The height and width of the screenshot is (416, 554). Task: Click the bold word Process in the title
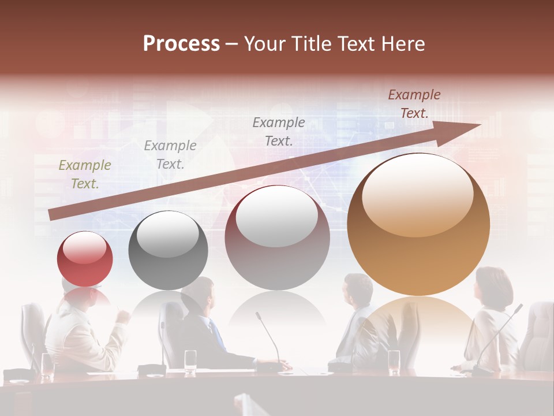[x=181, y=44]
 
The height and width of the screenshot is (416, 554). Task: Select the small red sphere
[x=85, y=259]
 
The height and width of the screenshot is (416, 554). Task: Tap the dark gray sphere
[x=168, y=251]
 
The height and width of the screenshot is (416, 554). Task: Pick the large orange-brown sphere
[x=418, y=225]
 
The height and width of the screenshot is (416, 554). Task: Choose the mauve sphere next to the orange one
[x=277, y=237]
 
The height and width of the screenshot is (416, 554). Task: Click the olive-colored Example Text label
[x=85, y=174]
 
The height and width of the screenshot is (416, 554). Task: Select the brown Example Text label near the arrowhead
[x=414, y=104]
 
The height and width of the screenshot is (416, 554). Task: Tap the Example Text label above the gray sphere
[x=170, y=155]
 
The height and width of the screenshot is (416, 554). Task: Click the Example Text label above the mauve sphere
[x=279, y=131]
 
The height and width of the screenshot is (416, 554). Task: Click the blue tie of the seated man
[x=218, y=335]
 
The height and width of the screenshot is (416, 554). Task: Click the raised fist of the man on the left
[x=122, y=317]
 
